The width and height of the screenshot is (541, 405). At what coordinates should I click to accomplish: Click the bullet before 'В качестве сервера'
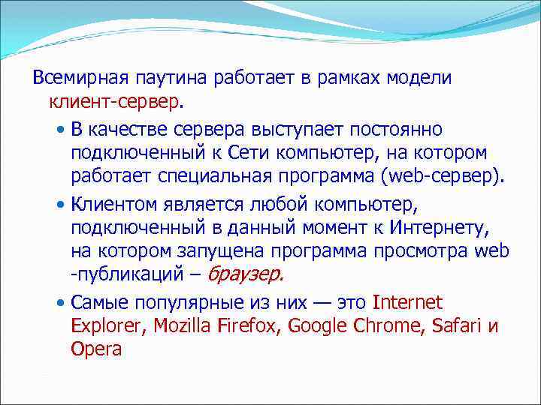click(61, 130)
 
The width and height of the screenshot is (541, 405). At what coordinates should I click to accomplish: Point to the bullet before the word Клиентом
click(61, 204)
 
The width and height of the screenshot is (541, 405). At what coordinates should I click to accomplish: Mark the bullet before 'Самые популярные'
click(61, 304)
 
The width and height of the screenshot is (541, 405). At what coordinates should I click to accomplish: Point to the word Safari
click(458, 326)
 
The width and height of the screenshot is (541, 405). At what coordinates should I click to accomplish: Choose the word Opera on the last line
click(96, 349)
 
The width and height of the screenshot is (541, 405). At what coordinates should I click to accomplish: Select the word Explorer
click(110, 326)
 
